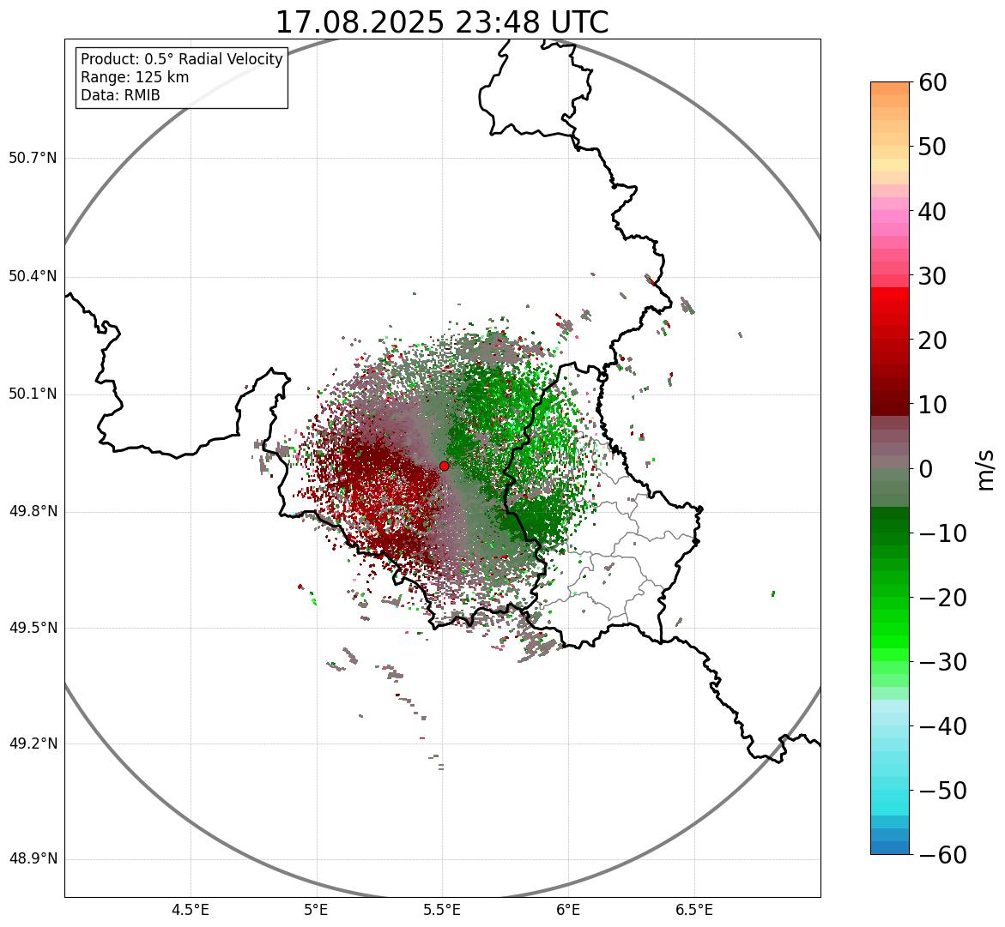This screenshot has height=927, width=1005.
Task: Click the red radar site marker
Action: point(444,466)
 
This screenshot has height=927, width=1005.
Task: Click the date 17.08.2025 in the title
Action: point(360,22)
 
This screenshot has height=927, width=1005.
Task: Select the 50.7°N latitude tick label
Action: point(33,158)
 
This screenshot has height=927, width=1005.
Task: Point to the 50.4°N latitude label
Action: point(33,276)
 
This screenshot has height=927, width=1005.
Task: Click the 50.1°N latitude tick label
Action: point(33,394)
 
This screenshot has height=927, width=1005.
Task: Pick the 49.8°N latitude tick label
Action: point(33,512)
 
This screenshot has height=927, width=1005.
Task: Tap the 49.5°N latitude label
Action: point(33,628)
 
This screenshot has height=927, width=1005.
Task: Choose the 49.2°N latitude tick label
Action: point(33,743)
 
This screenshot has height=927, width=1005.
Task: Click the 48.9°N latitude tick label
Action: point(33,859)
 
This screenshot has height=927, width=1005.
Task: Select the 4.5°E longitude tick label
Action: point(191,910)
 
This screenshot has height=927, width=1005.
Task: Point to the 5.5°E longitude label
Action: point(442,910)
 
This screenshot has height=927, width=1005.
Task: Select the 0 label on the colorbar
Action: point(926,469)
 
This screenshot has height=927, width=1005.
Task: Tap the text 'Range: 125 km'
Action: point(135,77)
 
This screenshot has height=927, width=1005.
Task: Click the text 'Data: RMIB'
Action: point(120,95)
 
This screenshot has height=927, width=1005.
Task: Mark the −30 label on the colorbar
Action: point(943,662)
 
